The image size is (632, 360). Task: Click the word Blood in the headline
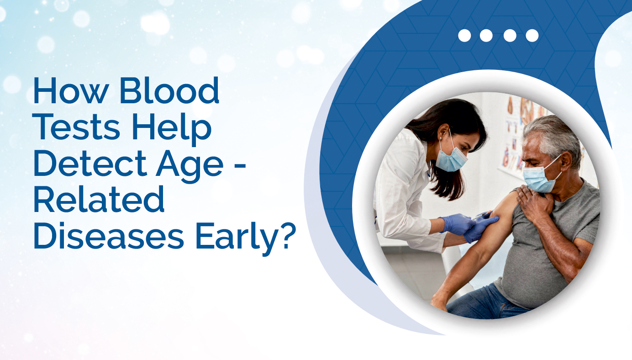(169, 90)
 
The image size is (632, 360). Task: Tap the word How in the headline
(71, 90)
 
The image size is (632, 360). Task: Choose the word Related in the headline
(98, 201)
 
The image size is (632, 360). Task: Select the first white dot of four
(464, 36)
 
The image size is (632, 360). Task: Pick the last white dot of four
(532, 36)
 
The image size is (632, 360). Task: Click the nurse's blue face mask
(452, 159)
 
